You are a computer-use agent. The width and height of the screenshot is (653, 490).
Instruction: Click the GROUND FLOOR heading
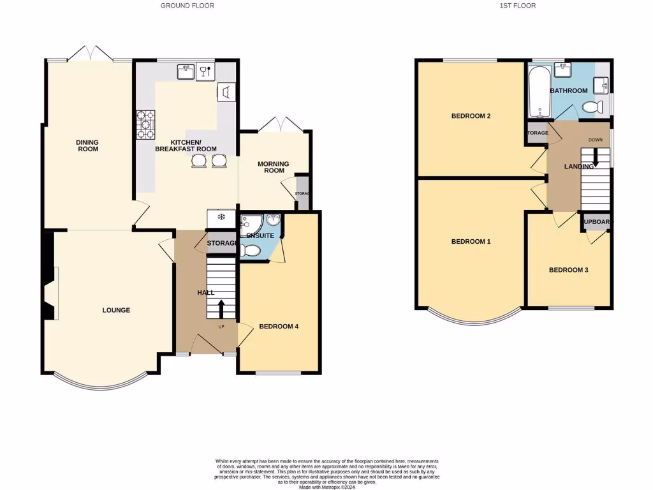tap(187, 6)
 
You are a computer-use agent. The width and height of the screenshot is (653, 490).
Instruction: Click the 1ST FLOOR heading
tap(517, 6)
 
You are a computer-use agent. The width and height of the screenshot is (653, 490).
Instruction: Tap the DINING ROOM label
tap(87, 145)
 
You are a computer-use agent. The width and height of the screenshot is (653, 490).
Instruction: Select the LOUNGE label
tap(116, 310)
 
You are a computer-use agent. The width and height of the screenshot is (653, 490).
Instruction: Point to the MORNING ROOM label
tap(273, 167)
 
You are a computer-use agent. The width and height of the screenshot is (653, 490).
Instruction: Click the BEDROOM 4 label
tap(279, 326)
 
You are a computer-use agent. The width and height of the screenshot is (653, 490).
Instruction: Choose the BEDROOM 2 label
tap(471, 116)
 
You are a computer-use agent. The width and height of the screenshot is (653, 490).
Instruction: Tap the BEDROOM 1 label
tap(471, 241)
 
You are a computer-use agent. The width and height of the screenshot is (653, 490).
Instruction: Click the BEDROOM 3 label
tap(568, 270)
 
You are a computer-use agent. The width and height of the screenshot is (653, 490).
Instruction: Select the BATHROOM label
tap(568, 91)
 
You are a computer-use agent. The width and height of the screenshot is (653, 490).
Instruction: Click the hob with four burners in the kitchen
tap(145, 125)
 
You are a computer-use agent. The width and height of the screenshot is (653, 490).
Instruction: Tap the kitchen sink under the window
tap(186, 71)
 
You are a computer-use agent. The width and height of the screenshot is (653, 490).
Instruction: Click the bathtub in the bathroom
tap(538, 93)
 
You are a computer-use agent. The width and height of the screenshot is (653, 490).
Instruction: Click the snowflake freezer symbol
tap(221, 218)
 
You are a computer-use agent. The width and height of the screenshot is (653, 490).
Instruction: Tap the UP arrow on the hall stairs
tap(221, 309)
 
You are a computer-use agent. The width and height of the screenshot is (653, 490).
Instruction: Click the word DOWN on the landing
tap(595, 139)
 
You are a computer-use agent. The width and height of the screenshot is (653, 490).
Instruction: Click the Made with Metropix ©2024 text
tap(326, 486)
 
